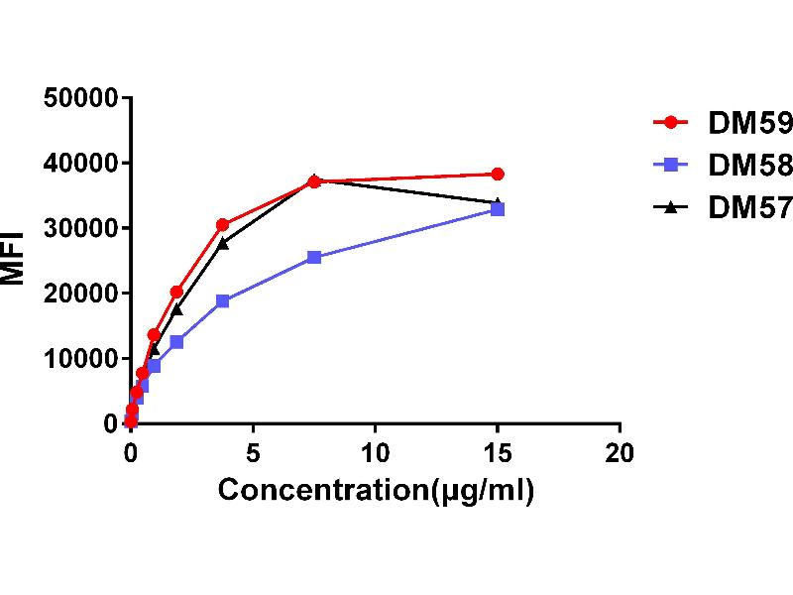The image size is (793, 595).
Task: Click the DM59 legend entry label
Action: [749, 124]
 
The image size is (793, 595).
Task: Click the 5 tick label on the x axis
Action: [253, 453]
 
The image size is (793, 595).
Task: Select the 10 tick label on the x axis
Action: [375, 453]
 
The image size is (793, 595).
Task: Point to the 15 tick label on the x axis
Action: [498, 453]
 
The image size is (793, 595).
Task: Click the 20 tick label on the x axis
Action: [620, 453]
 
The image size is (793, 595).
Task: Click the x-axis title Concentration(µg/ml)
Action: [376, 490]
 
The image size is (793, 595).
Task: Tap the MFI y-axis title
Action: [14, 260]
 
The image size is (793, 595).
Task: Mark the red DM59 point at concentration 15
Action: [498, 174]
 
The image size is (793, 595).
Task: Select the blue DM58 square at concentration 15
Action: [498, 209]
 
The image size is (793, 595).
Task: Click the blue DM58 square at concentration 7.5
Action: [314, 257]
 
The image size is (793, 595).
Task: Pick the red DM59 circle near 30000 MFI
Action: [222, 225]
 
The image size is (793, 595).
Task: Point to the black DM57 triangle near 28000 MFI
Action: [222, 242]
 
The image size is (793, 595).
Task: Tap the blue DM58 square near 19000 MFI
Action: [222, 300]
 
